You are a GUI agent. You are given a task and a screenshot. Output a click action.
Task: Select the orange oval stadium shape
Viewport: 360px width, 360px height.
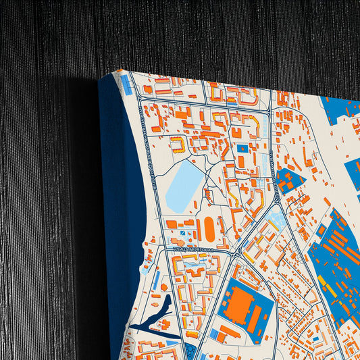tap(209, 231)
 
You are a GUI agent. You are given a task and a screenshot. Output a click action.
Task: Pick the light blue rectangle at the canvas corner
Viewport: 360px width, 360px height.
tap(126, 84)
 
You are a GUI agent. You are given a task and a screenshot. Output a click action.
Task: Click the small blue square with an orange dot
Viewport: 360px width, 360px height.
tap(242, 149)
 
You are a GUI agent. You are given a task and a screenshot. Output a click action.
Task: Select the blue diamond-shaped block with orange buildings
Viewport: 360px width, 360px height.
tap(289, 181)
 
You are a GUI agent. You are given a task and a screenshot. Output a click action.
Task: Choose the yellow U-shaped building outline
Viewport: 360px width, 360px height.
tap(177, 144)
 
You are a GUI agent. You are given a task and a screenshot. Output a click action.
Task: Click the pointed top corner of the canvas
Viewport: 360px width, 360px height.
tap(120, 70)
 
